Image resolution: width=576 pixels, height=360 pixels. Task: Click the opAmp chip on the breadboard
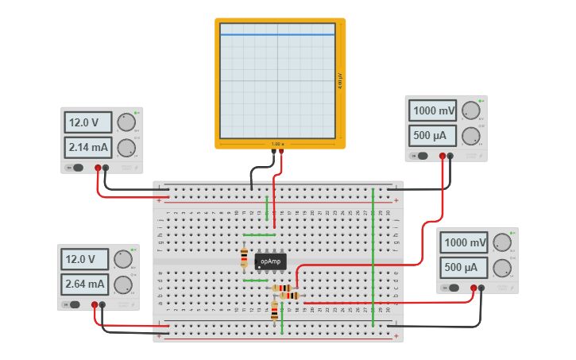click(271, 261)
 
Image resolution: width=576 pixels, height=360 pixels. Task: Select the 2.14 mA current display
click(88, 147)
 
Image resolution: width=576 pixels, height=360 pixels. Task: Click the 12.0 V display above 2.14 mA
click(88, 122)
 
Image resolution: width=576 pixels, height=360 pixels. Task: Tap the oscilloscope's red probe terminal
click(281, 151)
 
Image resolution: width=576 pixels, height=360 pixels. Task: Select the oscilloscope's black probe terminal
click(273, 151)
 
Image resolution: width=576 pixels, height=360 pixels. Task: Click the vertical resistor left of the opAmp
click(244, 258)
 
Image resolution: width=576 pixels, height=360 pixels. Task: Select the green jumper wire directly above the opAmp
click(259, 235)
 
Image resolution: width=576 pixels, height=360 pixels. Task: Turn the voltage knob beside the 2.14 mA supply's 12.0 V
click(126, 122)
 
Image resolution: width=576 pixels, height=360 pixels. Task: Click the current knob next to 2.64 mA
click(122, 285)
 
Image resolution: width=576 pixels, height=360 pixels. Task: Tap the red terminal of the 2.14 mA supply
click(98, 168)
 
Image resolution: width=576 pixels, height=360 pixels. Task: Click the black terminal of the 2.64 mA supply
click(102, 304)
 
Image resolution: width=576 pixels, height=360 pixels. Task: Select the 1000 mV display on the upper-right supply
click(433, 110)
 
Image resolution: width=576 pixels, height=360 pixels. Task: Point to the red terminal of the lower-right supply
click(474, 288)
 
